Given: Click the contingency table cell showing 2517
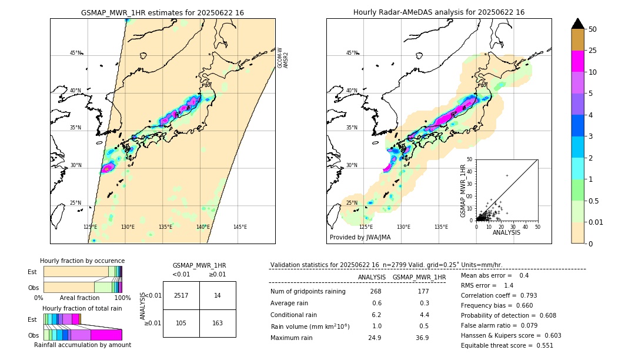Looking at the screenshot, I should [181, 295].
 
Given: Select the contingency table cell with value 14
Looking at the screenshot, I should [218, 295].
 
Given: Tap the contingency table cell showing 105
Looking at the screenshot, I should [181, 323].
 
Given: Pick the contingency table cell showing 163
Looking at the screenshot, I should [218, 323].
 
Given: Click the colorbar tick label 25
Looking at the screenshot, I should [593, 51].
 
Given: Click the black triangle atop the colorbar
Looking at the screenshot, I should [578, 24].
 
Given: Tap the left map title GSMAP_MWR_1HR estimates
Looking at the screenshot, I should [162, 12].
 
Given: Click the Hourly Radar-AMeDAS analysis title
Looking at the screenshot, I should [439, 12].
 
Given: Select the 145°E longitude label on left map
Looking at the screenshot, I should [240, 227].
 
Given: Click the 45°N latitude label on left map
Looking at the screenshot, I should [75, 53].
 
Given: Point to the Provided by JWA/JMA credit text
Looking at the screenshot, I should [360, 237].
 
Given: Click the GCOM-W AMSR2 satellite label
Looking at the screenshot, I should [283, 58].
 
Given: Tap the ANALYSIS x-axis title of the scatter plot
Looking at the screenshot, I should [506, 233].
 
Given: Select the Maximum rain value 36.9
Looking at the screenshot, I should [422, 338].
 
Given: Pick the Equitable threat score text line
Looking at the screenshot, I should [507, 345].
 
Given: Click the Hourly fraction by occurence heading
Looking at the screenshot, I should [82, 261].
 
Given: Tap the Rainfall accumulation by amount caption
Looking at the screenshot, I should [82, 345].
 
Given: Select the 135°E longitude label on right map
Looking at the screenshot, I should [441, 227].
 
